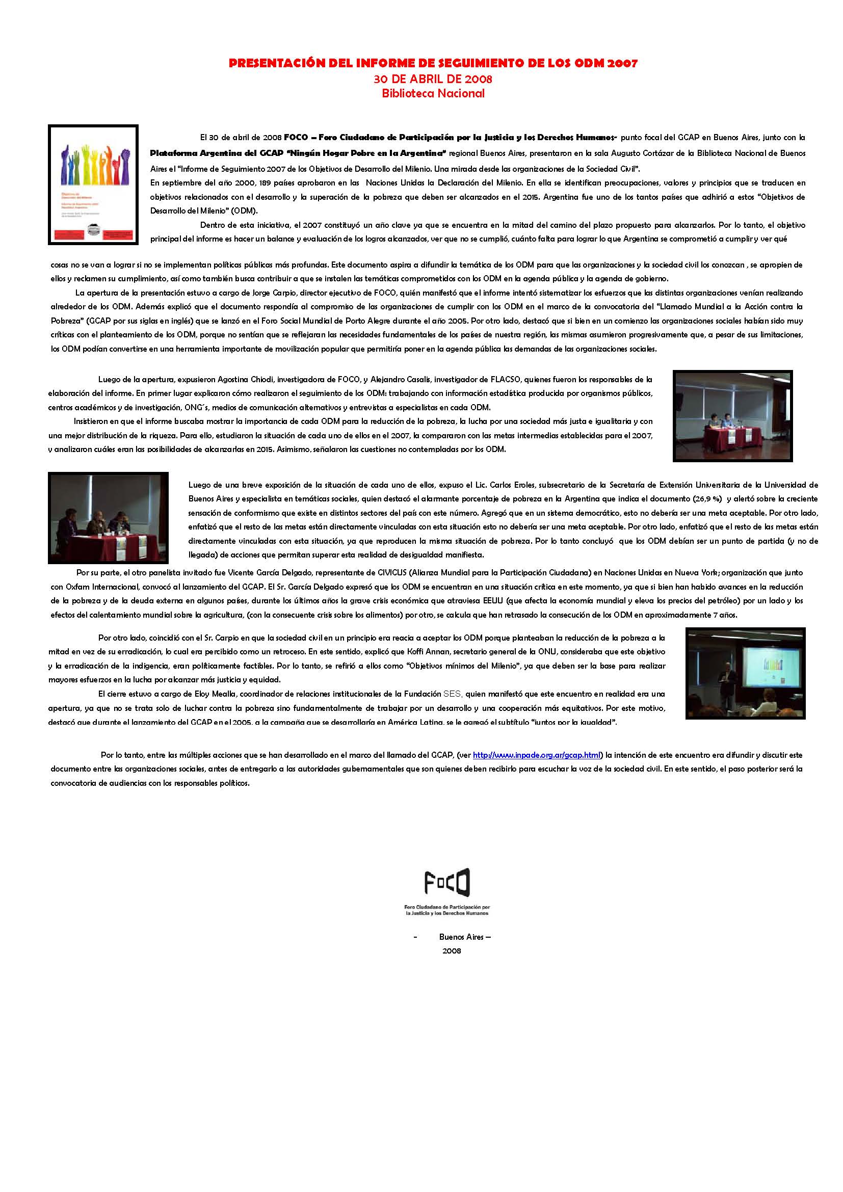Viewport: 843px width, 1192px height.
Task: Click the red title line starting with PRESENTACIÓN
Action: click(432, 63)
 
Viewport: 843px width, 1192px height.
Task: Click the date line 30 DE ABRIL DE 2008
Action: click(432, 80)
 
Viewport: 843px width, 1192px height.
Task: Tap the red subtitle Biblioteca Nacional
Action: click(433, 93)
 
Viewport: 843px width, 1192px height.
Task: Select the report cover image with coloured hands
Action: click(93, 184)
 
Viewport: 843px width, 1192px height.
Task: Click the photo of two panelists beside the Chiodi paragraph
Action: click(732, 415)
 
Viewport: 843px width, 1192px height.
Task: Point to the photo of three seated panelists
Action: click(108, 517)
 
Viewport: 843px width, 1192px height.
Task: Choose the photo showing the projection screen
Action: click(745, 673)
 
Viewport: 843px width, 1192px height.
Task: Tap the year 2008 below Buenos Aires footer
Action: click(452, 950)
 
